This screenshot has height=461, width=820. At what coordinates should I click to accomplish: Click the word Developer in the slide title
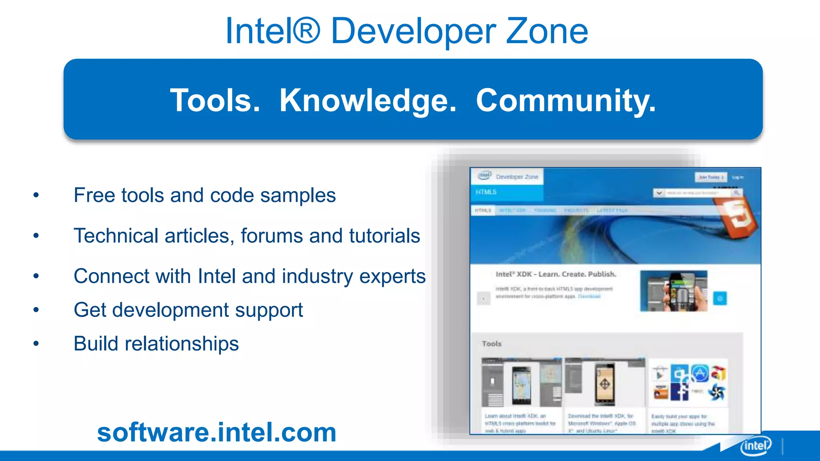[x=413, y=32]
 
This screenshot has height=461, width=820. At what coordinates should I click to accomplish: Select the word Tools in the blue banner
[x=215, y=100]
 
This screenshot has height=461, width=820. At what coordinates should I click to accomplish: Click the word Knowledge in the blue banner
[x=368, y=100]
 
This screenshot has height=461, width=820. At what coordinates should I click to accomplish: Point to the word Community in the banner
[x=565, y=100]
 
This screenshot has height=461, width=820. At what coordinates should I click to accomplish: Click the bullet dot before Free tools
[x=36, y=195]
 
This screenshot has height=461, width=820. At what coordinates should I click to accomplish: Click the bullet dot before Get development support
[x=36, y=310]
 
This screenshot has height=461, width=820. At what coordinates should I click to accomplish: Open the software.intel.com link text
[x=217, y=432]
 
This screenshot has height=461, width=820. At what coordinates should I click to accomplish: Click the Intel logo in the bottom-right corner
[x=755, y=445]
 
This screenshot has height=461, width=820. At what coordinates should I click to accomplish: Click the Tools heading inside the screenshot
[x=492, y=343]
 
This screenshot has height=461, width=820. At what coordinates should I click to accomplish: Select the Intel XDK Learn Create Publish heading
[x=556, y=274]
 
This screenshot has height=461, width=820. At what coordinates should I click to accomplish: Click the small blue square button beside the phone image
[x=720, y=298]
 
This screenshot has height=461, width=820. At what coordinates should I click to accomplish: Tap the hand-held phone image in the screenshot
[x=674, y=291]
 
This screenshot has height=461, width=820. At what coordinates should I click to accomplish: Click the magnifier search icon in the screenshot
[x=736, y=193]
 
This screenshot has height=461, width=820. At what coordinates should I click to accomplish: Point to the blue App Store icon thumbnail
[x=699, y=373]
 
